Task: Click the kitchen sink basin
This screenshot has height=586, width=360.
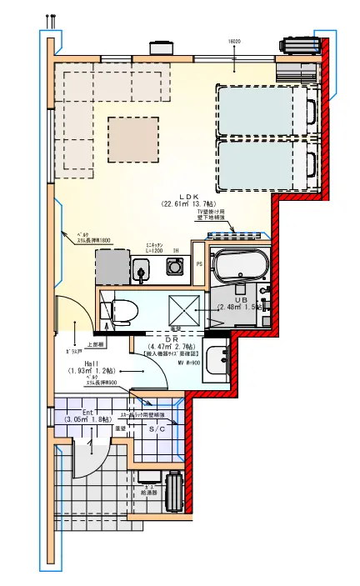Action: click(x=140, y=268)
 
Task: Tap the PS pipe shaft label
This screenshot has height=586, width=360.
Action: click(x=198, y=264)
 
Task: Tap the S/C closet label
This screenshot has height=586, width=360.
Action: click(x=157, y=428)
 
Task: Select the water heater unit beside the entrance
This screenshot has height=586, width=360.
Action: click(x=174, y=492)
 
